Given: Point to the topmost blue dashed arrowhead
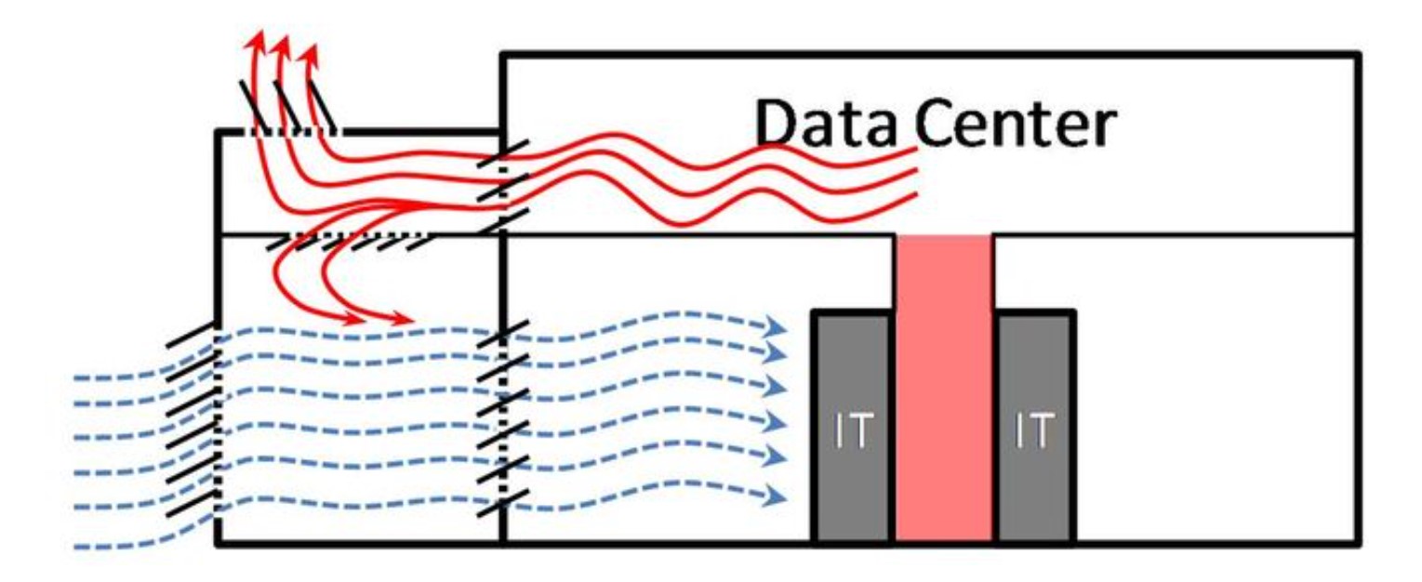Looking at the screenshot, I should pos(774,326).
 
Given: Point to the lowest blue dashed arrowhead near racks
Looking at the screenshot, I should pos(774,496).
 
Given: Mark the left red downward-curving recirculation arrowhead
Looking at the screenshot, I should pos(354,319).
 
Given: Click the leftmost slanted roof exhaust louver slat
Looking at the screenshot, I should pos(254,105).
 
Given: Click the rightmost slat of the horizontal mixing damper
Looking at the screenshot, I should pos(421,242).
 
